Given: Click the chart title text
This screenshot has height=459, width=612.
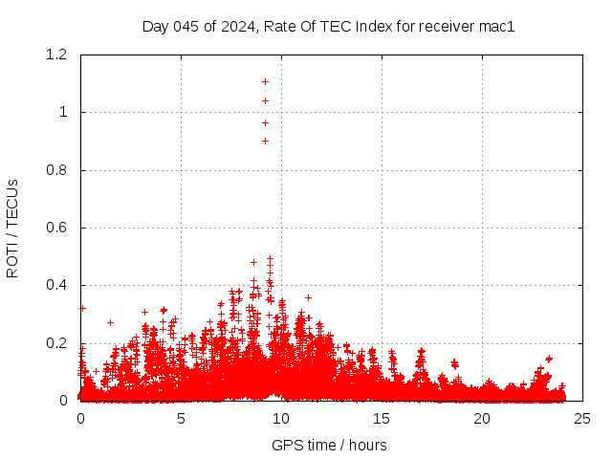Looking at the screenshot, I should coord(329,27).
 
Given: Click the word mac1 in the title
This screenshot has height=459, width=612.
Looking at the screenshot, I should coord(497,27).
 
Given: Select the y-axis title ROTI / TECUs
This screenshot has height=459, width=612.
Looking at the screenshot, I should coord(12,228).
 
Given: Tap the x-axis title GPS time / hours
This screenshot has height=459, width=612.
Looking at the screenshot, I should coord(329,445).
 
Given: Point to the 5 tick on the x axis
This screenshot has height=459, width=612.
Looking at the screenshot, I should coord(181,419).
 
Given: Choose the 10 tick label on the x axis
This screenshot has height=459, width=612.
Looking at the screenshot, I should coord(281,419).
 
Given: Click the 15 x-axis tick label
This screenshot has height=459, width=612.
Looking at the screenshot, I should coord(382,419).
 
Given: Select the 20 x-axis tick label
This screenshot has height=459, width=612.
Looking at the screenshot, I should coord(482,419).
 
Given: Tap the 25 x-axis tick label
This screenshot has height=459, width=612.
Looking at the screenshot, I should coord(582,419).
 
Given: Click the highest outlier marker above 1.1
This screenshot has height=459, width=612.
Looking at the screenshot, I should coord(265,81).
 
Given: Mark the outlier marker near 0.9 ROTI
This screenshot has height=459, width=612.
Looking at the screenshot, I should coord(265,141).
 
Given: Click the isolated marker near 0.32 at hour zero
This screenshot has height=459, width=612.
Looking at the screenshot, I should coord(82,308).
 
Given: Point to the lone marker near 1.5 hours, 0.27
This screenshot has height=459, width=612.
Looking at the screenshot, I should coord(110,322).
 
